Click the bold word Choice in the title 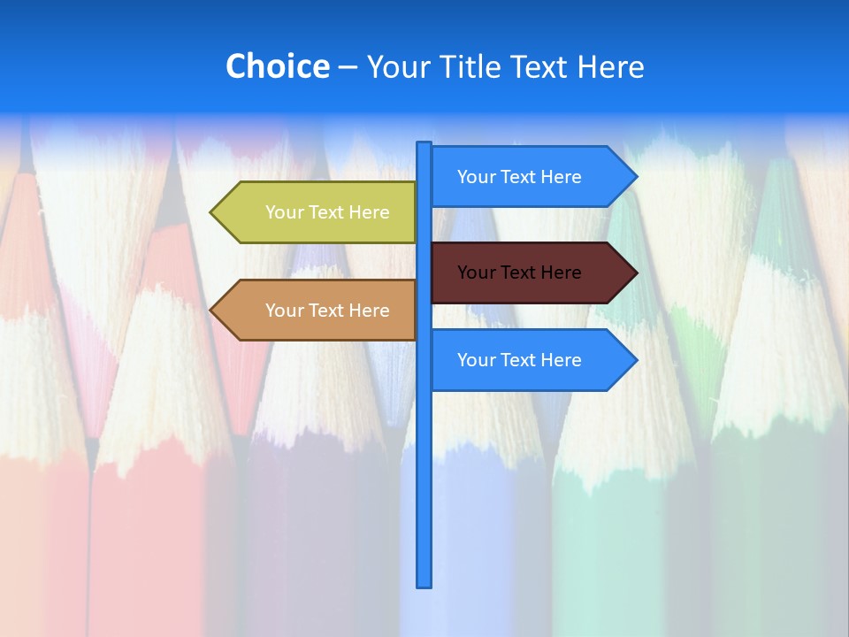[x=277, y=66]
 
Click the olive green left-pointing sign [x=318, y=212]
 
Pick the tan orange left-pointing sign [x=318, y=311]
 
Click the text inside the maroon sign [x=519, y=272]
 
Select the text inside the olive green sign [x=327, y=212]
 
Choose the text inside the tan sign [x=327, y=311]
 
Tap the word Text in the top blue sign [x=519, y=177]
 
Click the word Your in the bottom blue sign [x=476, y=360]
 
